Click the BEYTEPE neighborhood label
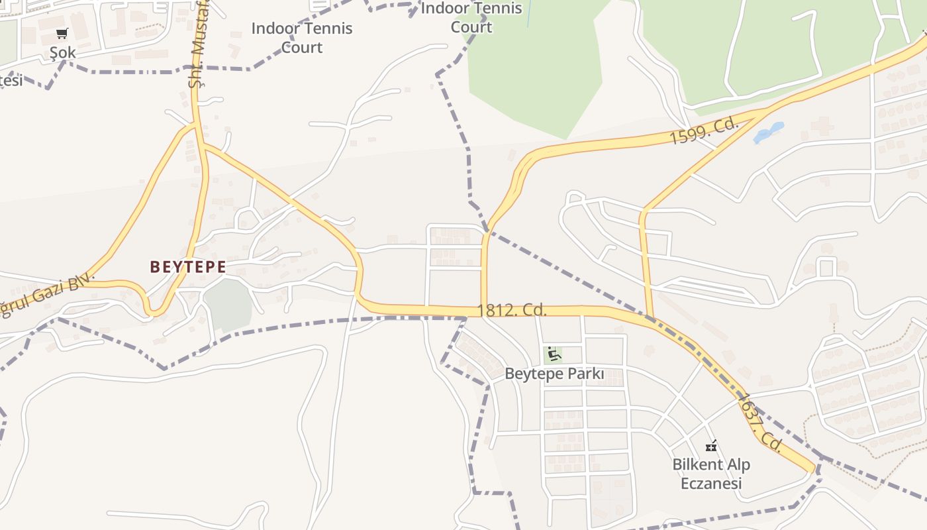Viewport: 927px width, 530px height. [188, 267]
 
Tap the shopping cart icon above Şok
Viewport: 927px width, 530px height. [62, 33]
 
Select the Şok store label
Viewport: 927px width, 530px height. [63, 52]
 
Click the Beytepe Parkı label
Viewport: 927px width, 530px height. [554, 374]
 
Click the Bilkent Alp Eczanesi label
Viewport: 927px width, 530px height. [712, 474]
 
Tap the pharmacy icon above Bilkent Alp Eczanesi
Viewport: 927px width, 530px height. [712, 445]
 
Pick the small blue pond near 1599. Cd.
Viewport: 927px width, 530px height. [769, 132]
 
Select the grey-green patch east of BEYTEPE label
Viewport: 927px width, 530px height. [228, 305]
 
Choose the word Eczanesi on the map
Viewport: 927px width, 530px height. [712, 484]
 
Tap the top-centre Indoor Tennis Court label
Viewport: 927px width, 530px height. [471, 18]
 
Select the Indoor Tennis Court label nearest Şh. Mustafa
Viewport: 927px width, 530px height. [302, 38]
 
